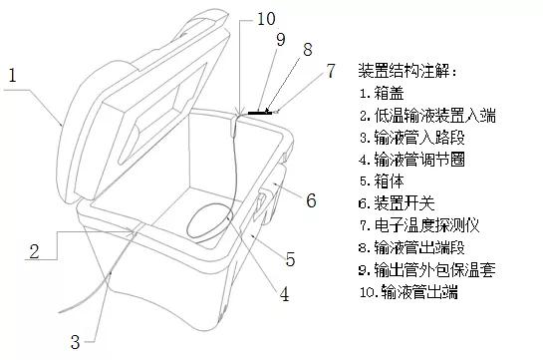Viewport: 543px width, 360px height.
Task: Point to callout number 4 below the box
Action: (x=283, y=294)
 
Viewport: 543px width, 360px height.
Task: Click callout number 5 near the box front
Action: (x=289, y=260)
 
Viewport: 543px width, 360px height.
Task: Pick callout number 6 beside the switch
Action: (x=310, y=201)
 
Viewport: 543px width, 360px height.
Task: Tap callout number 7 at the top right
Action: (x=331, y=71)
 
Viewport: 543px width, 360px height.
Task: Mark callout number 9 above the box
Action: (x=281, y=40)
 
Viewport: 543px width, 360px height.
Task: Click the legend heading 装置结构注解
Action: (x=409, y=73)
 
